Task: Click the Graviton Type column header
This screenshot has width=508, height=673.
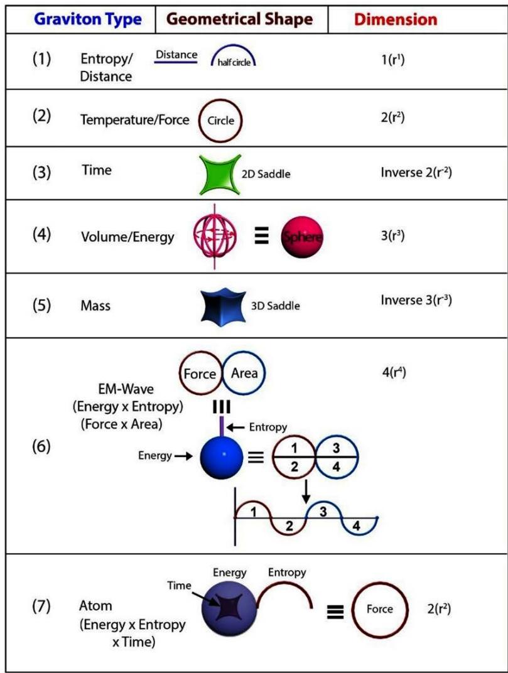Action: pos(87,19)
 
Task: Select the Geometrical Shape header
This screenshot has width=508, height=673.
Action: pos(240,19)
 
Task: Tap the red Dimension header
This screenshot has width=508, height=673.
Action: pos(396,19)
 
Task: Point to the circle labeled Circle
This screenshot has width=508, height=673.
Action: pos(220,121)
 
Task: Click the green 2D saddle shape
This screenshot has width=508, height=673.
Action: pos(218,173)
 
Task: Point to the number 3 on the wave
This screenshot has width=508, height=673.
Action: pos(323,511)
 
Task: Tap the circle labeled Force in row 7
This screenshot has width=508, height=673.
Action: pos(380,608)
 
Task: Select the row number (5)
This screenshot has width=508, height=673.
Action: pos(42,305)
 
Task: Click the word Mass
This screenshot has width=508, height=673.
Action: pos(95,306)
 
